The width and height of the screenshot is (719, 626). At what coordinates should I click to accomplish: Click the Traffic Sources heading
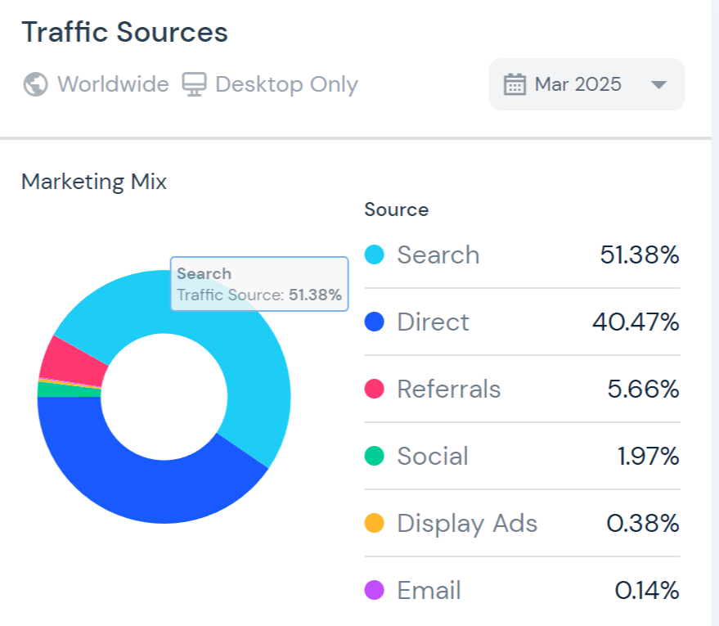pos(124,33)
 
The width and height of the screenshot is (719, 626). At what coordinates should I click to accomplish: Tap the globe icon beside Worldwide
pos(35,84)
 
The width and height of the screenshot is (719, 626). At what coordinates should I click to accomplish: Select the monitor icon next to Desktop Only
pos(194,84)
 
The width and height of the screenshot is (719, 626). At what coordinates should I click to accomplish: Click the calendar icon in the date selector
pos(515,84)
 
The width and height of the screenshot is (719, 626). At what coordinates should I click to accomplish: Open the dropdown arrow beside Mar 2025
pos(658,85)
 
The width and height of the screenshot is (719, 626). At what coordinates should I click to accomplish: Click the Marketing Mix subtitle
pos(94,182)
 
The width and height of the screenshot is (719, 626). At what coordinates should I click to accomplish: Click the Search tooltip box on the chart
pos(259,285)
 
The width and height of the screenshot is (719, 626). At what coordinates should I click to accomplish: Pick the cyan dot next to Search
pos(374,254)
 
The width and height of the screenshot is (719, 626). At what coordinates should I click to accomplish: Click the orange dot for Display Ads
pos(374,523)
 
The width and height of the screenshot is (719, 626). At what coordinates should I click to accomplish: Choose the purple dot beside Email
pos(374,590)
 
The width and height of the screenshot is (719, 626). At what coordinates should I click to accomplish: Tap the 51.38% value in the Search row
pos(639,254)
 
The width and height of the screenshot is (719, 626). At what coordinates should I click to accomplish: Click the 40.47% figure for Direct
pos(636,322)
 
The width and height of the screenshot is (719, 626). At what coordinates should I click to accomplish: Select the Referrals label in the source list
pos(448,389)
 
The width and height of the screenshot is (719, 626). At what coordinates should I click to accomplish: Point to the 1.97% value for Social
pos(649,456)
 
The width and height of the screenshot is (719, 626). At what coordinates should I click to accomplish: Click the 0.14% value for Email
pos(647,590)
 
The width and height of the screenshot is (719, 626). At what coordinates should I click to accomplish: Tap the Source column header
pos(397,209)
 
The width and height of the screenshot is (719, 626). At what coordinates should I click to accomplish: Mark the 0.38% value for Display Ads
pos(643,523)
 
